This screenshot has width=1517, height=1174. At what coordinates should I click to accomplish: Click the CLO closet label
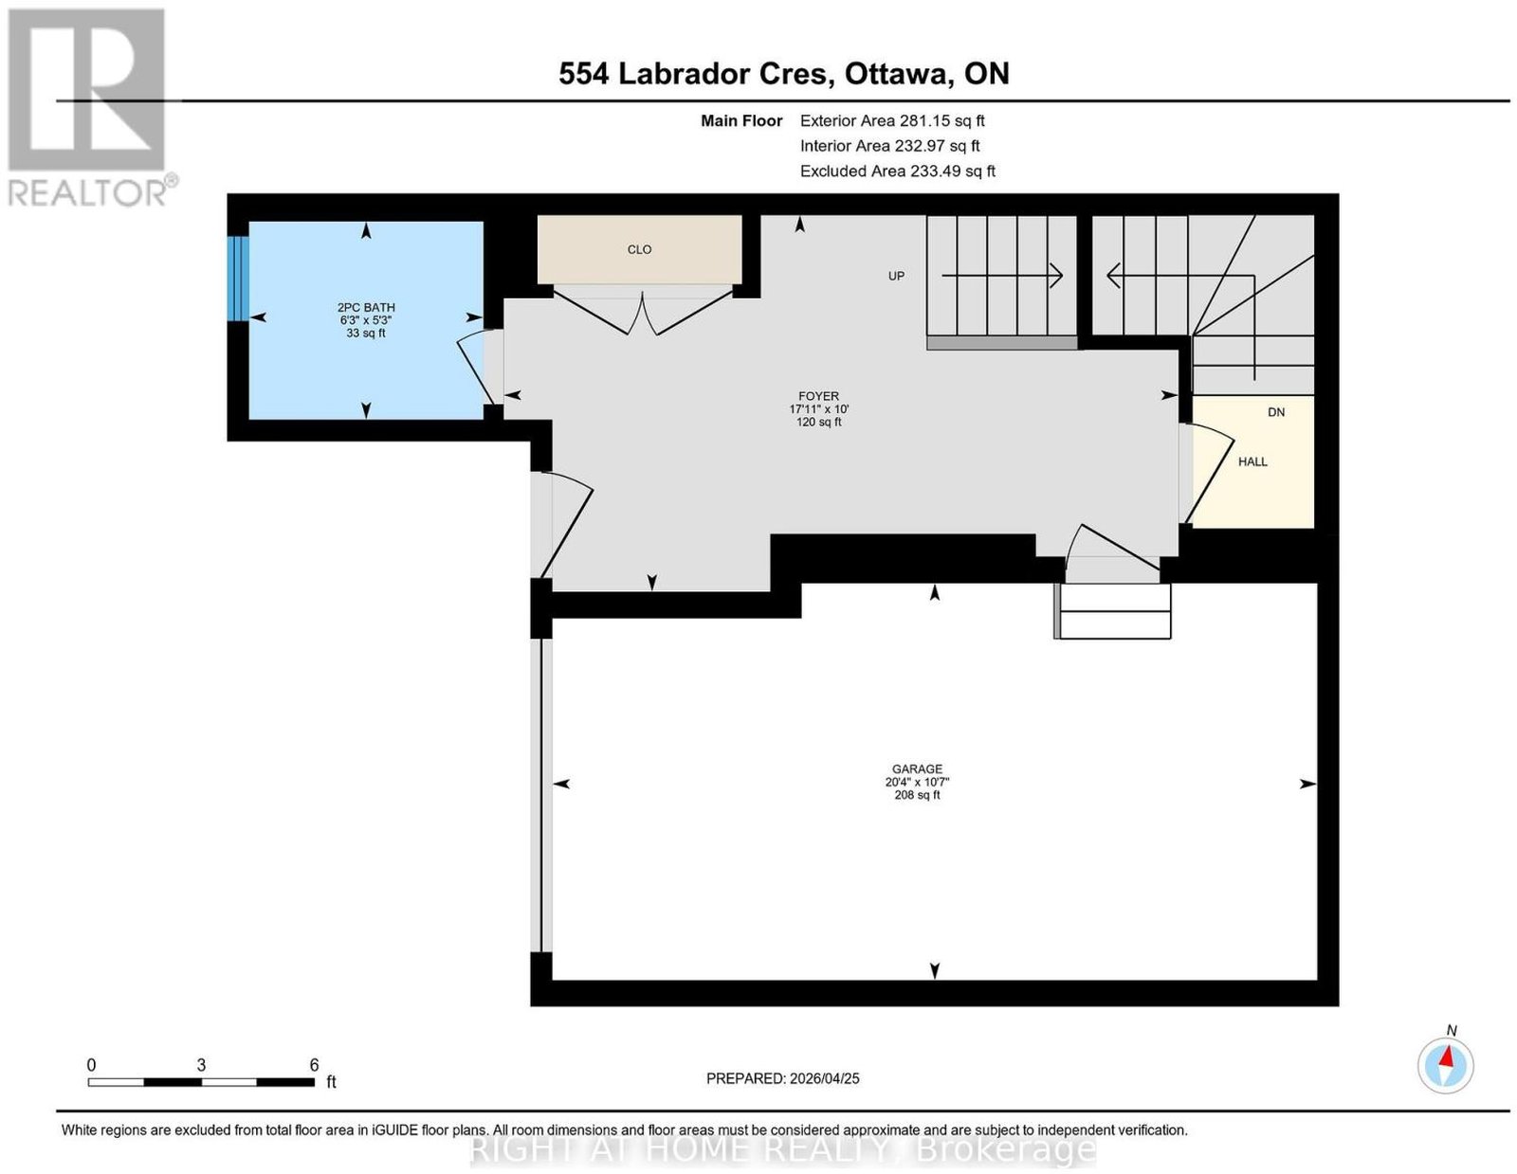(639, 250)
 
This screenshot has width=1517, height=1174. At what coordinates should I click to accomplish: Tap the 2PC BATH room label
(366, 307)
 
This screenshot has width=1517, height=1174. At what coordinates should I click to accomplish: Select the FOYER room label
(819, 396)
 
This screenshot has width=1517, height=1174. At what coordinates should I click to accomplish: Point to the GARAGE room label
(918, 768)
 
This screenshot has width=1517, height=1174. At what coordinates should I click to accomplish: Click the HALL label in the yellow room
(1253, 461)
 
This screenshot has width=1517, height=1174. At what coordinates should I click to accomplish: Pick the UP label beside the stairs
(896, 277)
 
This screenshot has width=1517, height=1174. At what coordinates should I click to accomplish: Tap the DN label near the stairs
(1276, 412)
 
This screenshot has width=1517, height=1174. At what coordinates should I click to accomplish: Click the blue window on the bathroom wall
(238, 279)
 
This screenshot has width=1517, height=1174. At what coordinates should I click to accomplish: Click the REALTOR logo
(89, 108)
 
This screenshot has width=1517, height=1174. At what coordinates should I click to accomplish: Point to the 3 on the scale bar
(201, 1065)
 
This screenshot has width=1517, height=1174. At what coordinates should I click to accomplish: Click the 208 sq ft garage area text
(918, 795)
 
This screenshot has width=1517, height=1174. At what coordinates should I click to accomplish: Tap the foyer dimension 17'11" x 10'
(819, 409)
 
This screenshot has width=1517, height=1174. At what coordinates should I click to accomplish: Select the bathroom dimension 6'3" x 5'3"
(366, 320)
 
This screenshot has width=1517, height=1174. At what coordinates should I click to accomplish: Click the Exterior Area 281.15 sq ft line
(892, 120)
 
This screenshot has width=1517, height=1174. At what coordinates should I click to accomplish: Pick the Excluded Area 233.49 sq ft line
(898, 171)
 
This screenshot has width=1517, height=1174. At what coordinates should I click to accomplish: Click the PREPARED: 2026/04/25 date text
(782, 1078)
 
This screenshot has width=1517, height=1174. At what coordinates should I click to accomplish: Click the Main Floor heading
(741, 120)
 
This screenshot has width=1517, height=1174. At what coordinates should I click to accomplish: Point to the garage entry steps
(1113, 610)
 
